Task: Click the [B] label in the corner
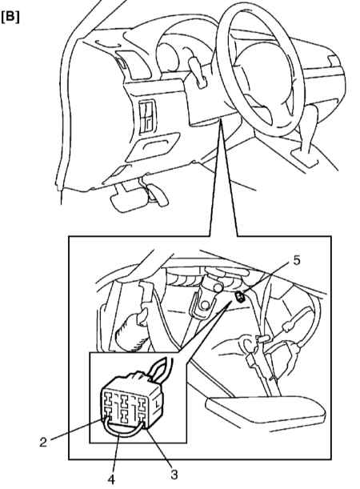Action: [x=10, y=18]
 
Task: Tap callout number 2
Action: [x=43, y=442]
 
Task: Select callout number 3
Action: [x=174, y=475]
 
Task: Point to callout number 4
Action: [x=111, y=479]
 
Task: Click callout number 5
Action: [x=297, y=260]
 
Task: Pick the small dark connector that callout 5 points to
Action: [x=240, y=296]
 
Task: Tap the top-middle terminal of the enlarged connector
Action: [x=125, y=400]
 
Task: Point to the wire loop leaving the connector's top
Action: [x=162, y=369]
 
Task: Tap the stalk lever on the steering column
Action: [x=198, y=70]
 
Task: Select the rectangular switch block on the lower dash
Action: [x=146, y=117]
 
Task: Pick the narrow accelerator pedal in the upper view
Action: [x=159, y=195]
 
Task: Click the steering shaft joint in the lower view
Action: [x=206, y=299]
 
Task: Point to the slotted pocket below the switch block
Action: [x=153, y=146]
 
